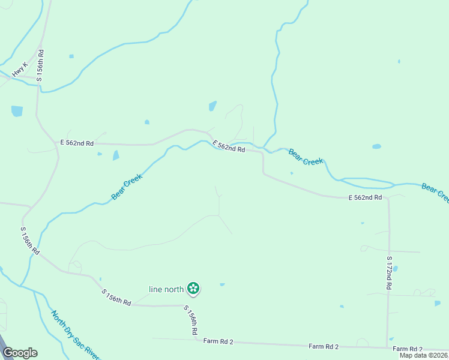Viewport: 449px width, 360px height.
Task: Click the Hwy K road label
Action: [x=20, y=69]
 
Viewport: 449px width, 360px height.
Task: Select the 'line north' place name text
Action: [x=166, y=289]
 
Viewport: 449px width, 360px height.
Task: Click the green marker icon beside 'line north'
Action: [x=193, y=289]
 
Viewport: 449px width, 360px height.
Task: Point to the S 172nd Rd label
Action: [x=389, y=273]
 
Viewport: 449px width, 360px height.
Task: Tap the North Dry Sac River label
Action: [x=74, y=335]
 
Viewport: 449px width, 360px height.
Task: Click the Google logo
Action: [x=20, y=353]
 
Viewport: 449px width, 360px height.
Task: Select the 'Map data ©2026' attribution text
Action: [x=424, y=355]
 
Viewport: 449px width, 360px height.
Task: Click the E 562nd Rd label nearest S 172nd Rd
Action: [x=365, y=197]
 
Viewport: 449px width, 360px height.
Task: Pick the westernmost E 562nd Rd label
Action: [x=77, y=143]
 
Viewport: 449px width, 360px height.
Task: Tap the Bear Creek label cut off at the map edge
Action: [x=435, y=193]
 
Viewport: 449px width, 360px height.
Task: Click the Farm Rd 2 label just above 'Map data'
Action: [x=408, y=349]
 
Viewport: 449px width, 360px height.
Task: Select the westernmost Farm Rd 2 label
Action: [x=218, y=341]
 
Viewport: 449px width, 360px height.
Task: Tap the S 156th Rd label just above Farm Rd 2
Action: [x=191, y=320]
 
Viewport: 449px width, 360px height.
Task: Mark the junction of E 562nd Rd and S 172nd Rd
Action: [x=388, y=197]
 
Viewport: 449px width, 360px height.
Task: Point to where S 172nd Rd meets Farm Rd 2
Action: [x=387, y=347]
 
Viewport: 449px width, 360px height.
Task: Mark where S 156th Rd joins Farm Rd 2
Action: [x=196, y=340]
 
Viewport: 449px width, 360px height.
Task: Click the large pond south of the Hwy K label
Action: [x=17, y=111]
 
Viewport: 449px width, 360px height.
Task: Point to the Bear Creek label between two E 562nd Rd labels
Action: [x=306, y=157]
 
